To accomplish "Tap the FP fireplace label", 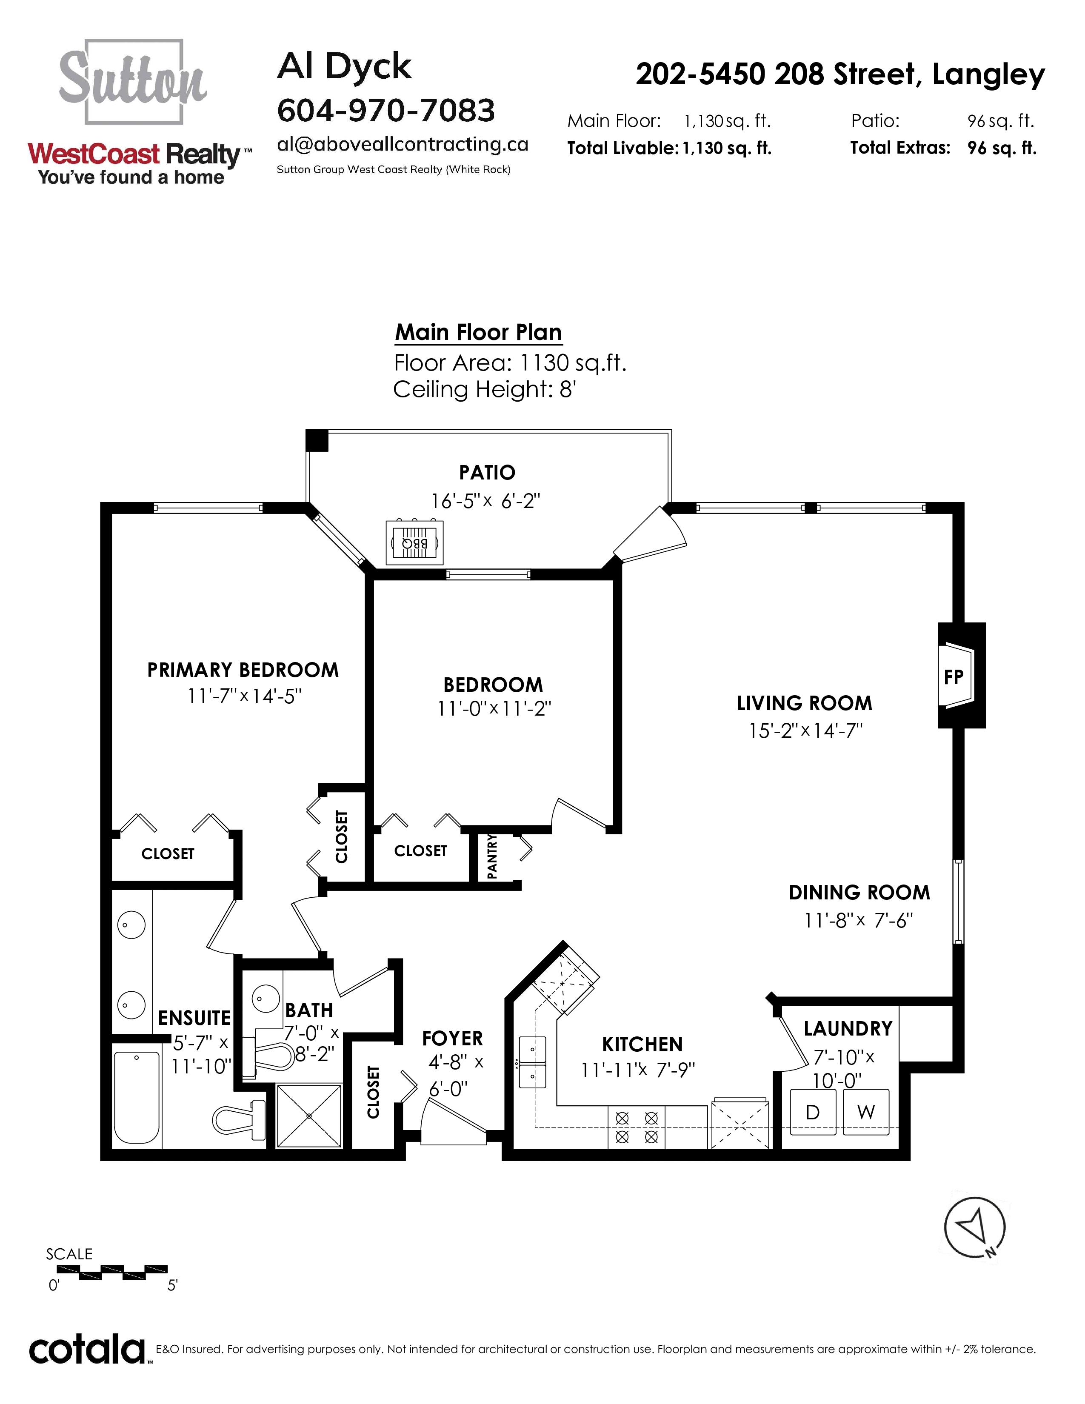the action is coord(953,676).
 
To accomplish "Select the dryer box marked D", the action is coord(812,1111).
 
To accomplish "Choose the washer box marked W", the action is coord(866,1111).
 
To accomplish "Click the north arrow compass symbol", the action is coord(974,1227).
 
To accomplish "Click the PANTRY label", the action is coord(492,856).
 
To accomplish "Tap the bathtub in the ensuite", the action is coord(137,1097).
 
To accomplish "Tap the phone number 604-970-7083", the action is coord(385,111).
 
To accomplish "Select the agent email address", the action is coord(403,145).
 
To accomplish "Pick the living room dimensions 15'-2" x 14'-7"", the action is coord(805,731).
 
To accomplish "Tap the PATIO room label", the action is coord(487,473).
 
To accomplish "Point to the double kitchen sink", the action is coord(533,1059).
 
